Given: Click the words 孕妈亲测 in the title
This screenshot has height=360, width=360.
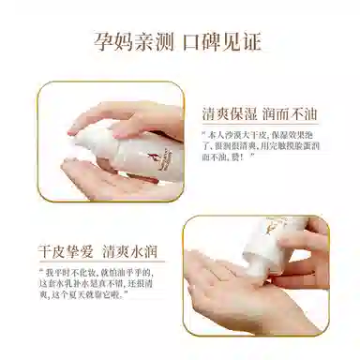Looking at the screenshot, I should pyautogui.click(x=137, y=41).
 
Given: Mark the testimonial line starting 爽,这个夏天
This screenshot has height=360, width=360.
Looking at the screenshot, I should pyautogui.click(x=89, y=302).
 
